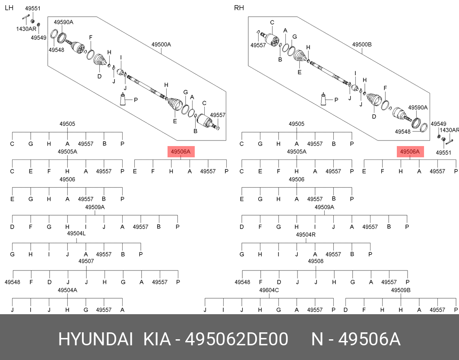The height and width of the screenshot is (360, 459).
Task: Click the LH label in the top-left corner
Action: click(9, 7)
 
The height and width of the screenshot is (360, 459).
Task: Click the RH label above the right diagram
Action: click(239, 8)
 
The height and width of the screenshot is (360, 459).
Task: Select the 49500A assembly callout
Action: click(161, 45)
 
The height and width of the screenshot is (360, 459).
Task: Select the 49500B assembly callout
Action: click(362, 45)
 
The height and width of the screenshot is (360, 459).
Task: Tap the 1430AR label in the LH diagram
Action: click(26, 29)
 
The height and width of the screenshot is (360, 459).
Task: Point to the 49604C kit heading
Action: click(269, 290)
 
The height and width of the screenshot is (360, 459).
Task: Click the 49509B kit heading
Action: click(401, 290)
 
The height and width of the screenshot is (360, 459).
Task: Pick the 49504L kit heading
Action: click(76, 233)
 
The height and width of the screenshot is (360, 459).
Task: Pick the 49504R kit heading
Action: click(306, 235)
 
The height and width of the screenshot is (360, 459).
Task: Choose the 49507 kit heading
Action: click(86, 261)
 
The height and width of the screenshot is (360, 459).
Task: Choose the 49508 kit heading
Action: click(316, 261)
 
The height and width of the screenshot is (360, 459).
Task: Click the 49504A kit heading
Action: click(67, 290)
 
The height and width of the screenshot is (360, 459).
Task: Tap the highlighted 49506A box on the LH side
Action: click(181, 152)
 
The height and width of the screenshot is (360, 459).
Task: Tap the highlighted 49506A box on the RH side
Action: click(410, 152)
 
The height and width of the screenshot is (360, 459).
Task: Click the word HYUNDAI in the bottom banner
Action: click(95, 340)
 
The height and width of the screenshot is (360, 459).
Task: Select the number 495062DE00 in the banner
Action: click(237, 340)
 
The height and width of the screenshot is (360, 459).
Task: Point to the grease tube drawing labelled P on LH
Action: click(123, 100)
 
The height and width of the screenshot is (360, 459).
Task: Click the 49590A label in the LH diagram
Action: click(63, 22)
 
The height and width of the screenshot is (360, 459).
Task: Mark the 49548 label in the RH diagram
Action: click(403, 131)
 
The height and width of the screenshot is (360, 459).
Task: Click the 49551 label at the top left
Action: click(32, 9)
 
